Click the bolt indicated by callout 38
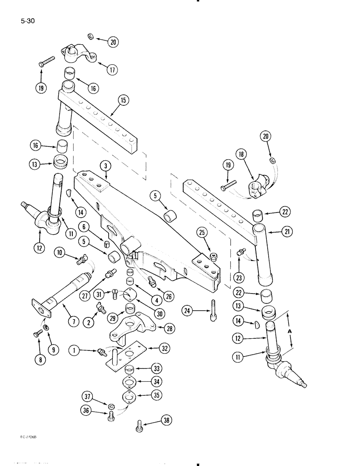point(139,424)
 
